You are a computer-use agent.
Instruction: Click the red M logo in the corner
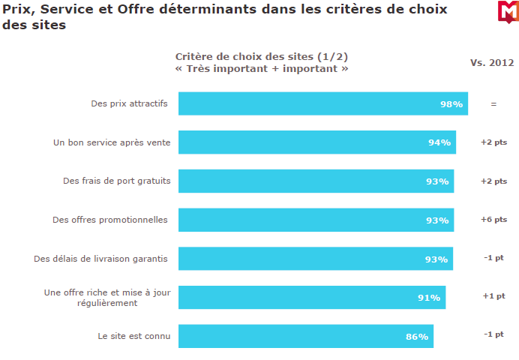coord(507,11)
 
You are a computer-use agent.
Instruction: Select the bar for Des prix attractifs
coord(322,103)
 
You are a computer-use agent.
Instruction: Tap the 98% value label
coord(451,104)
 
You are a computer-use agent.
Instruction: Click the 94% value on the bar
coord(439,142)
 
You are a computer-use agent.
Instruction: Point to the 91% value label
coord(429,298)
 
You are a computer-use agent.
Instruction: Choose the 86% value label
coord(417,337)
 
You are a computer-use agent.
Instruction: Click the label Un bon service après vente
coord(112,142)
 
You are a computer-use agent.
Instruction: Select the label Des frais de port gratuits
coord(116,181)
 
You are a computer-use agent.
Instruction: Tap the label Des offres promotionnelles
coord(110,220)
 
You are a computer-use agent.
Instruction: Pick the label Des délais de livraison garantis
coord(100,259)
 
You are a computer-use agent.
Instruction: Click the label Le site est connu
coord(134,336)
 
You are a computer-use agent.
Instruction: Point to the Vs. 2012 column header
coord(492,62)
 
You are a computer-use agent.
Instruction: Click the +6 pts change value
coord(493,220)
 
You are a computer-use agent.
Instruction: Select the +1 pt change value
coord(493,296)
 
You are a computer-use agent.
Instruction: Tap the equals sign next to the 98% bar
coord(493,104)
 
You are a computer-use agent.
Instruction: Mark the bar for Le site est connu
coord(305,336)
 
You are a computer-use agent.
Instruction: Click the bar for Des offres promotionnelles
coord(315,220)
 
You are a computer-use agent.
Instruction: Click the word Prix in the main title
coord(18,10)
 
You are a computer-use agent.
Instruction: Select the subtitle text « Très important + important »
coord(262,68)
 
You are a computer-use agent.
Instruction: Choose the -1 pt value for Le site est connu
coord(493,334)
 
